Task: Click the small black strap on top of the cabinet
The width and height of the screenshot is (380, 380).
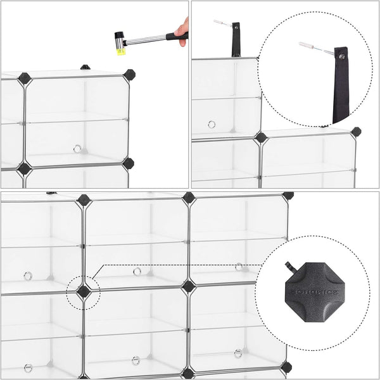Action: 236,40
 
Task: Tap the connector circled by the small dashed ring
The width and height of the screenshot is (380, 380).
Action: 84,291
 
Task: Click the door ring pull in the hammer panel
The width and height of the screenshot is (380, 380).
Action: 77,149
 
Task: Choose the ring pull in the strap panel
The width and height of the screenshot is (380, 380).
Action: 212,125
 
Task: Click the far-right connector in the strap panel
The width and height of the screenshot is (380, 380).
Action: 356,132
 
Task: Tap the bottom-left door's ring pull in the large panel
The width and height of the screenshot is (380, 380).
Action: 28,367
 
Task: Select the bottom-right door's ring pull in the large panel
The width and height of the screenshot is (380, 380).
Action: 238,353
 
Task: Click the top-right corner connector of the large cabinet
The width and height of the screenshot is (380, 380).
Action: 288,196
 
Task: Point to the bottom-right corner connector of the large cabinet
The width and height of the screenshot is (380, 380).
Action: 286,367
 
